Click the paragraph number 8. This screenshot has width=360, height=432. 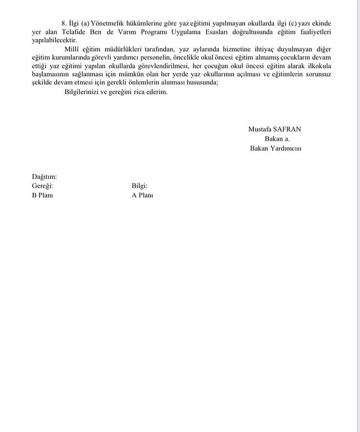point(63,23)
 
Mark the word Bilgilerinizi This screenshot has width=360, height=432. point(82,92)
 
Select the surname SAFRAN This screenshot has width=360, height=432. point(290,129)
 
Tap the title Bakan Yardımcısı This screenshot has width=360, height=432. point(276,148)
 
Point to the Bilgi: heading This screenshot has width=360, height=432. point(139,186)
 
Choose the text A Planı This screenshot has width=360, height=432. point(142,196)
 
